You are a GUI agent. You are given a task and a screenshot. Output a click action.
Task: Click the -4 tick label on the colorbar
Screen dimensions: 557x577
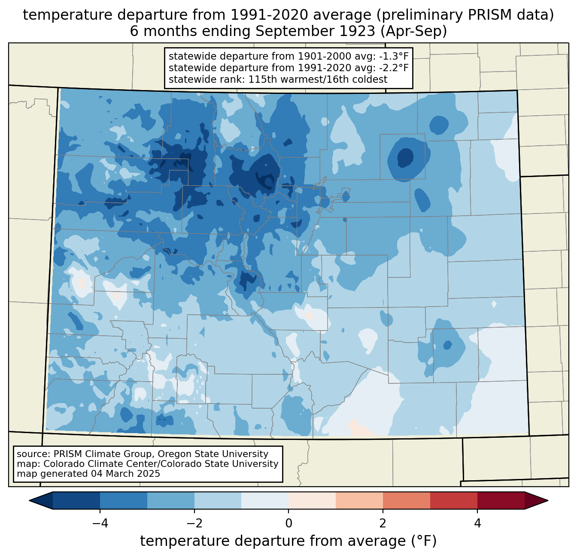click(100, 523)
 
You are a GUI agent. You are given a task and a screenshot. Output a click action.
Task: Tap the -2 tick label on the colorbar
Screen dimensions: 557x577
click(194, 523)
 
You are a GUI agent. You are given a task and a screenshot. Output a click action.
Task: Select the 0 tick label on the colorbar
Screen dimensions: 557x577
click(288, 523)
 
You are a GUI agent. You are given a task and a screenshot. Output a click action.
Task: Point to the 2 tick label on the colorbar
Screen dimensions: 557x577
click(383, 523)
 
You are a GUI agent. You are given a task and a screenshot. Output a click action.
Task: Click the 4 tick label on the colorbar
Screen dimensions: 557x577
click(477, 523)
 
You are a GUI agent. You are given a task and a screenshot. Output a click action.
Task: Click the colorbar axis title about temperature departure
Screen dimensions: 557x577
click(288, 541)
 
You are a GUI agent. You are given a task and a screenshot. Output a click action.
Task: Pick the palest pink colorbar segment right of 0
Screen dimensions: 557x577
click(312, 500)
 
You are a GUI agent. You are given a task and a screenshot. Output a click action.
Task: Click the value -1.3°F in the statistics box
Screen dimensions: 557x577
click(392, 57)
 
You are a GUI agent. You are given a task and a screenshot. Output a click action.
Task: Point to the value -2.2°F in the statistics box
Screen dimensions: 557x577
click(392, 68)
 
